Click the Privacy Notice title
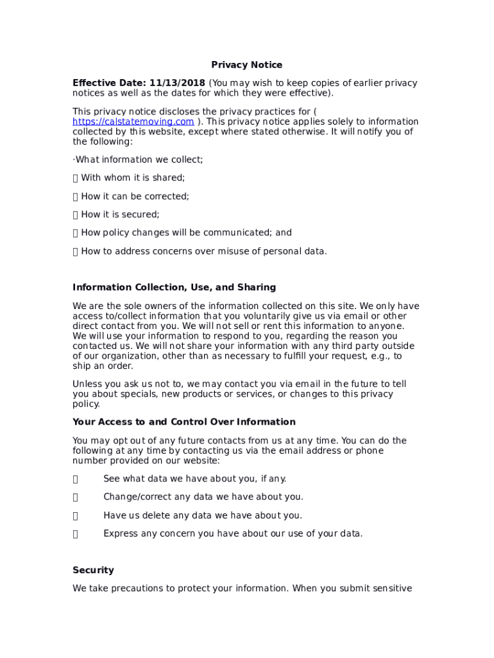click(247, 65)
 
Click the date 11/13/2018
click(178, 83)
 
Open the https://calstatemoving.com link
click(133, 122)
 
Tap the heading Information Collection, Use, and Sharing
click(175, 287)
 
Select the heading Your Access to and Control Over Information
click(184, 422)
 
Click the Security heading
click(93, 570)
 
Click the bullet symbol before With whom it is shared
click(76, 178)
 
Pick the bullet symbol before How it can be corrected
click(76, 197)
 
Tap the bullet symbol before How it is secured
click(76, 215)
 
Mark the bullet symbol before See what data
click(76, 479)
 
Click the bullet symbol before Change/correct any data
click(76, 497)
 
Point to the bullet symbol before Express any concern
click(76, 533)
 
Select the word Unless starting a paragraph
click(87, 384)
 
